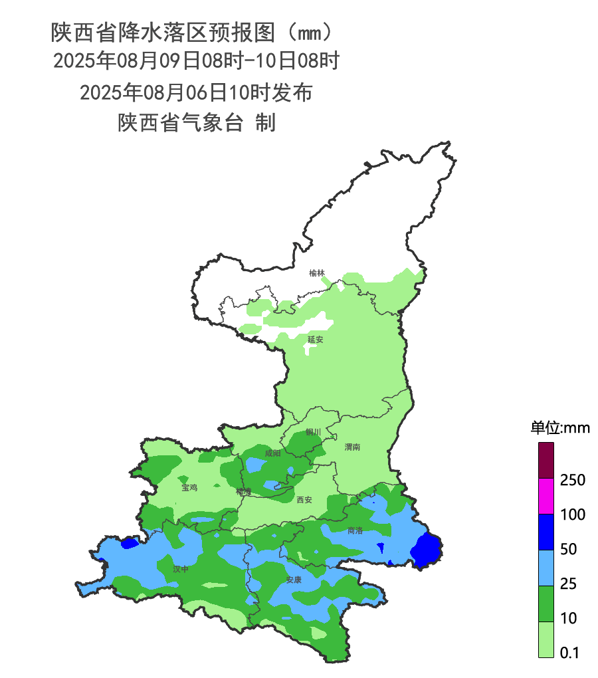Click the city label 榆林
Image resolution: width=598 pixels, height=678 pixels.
(317, 273)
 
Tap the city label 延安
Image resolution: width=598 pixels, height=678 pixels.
(315, 340)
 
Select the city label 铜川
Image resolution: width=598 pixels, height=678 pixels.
(313, 432)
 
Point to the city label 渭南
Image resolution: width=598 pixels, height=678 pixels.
(352, 447)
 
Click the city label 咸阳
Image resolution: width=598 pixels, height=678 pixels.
(272, 453)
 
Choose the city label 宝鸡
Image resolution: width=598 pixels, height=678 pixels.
(189, 487)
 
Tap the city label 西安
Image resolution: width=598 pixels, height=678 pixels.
(304, 500)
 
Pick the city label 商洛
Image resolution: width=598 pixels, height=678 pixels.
(355, 530)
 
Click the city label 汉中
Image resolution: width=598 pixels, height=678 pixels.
(180, 569)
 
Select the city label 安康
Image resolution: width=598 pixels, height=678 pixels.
(294, 580)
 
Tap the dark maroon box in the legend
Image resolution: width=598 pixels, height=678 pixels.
(546, 461)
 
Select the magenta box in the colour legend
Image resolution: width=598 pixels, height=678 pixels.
(546, 496)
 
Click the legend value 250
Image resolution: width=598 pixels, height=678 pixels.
(572, 480)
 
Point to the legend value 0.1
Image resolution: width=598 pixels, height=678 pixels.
(569, 653)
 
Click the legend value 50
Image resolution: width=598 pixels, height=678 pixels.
(568, 550)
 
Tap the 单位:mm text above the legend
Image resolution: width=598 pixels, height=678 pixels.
(559, 427)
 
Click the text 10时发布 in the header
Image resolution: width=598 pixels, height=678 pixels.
(271, 92)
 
